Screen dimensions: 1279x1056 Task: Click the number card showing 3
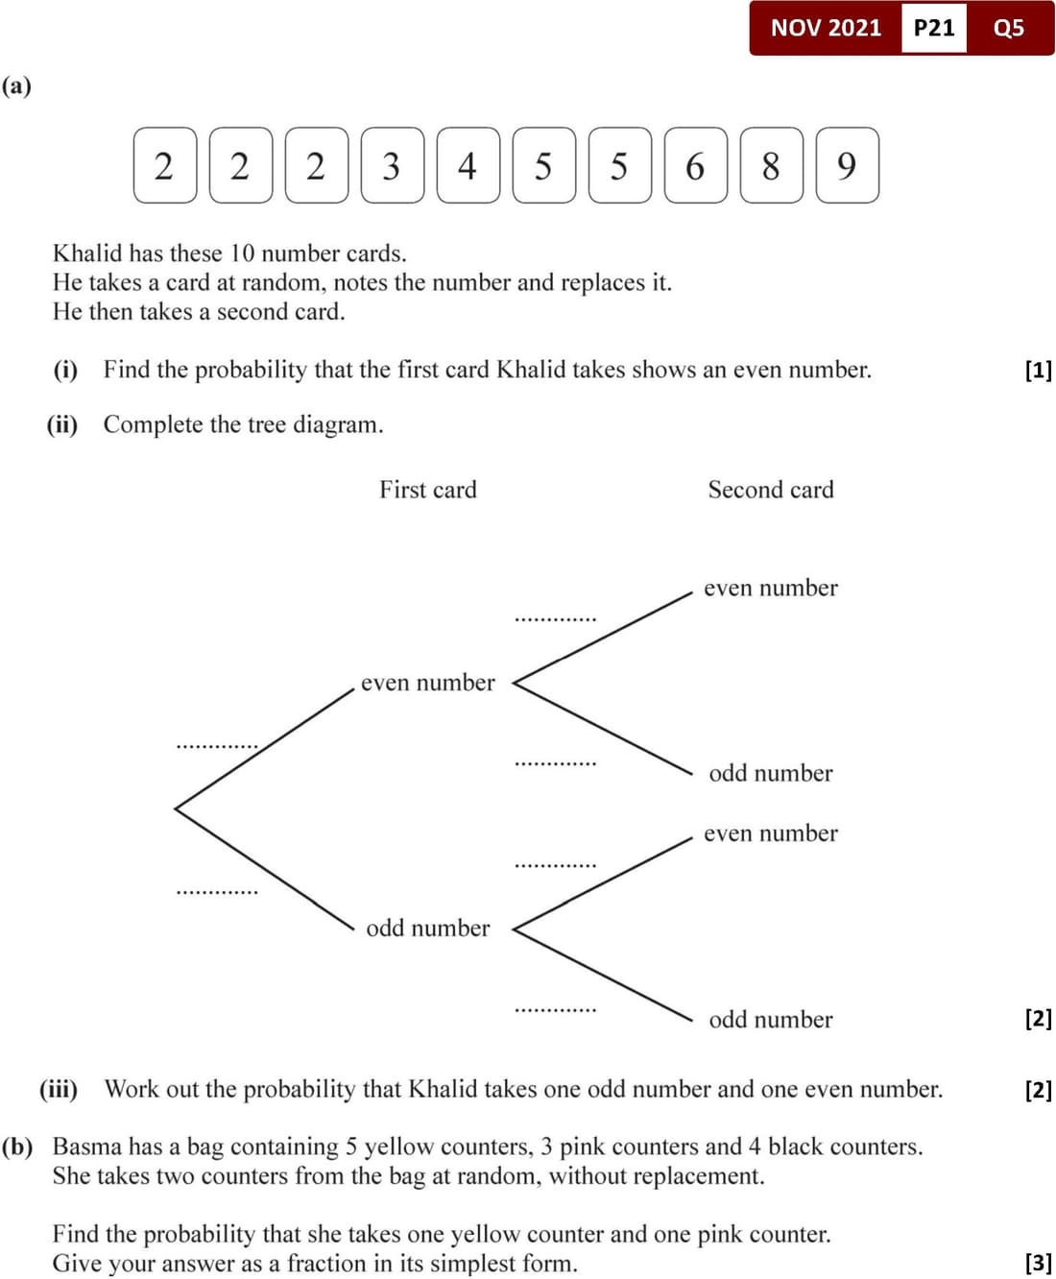pos(392,165)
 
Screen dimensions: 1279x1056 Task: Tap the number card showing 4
pos(468,165)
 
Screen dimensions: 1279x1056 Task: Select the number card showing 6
pos(695,165)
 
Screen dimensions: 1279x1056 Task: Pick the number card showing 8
pos(771,165)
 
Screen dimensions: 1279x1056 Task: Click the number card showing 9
pos(847,165)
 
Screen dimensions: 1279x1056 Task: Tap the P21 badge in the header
pos(933,28)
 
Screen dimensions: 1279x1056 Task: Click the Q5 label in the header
pos(1008,28)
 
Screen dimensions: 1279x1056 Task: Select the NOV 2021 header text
pos(826,28)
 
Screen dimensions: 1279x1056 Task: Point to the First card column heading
pos(427,490)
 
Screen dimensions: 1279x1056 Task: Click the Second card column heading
pos(771,490)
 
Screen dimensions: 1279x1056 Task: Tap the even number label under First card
pos(427,683)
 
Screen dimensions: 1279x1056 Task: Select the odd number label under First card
pos(427,929)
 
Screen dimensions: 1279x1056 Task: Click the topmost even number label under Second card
pos(770,588)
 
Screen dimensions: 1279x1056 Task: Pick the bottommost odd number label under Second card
pos(770,1020)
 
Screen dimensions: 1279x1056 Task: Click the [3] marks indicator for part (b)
pos(1038,1262)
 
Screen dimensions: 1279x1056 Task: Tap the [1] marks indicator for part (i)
pos(1038,370)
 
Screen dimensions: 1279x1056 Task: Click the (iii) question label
pos(59,1089)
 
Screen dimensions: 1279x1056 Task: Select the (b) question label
pos(17,1146)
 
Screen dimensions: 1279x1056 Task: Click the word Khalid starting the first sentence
pos(87,253)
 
